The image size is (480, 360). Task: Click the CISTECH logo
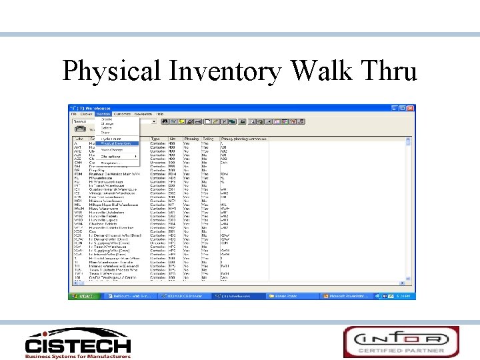[x=78, y=345]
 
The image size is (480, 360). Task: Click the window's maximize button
[x=407, y=108]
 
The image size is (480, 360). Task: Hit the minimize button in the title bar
[x=400, y=108]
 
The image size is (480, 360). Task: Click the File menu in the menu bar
[x=75, y=114]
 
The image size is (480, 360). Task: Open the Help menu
[x=160, y=114]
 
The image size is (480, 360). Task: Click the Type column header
[x=155, y=139]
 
